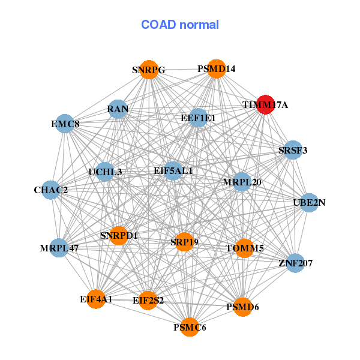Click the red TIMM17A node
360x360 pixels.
click(265, 104)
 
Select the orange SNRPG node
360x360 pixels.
click(149, 70)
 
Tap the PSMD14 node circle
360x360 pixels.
click(216, 69)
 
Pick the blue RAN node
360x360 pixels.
click(118, 109)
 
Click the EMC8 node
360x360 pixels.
click(65, 124)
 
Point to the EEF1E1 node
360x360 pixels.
click(198, 118)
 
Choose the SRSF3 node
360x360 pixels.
click(293, 150)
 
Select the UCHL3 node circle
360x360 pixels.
click(104, 172)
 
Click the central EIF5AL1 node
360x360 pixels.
click(173, 171)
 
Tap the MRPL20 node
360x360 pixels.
click(242, 182)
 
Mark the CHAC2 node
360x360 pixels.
click(51, 190)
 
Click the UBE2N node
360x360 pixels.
click(309, 203)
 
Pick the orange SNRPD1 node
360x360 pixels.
click(118, 236)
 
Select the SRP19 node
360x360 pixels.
click(184, 242)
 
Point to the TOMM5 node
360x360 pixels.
click(245, 248)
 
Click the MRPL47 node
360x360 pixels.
click(59, 248)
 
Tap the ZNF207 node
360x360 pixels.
click(295, 263)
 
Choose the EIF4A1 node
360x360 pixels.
click(96, 299)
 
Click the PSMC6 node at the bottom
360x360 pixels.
click(190, 327)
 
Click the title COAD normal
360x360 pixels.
click(180, 25)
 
